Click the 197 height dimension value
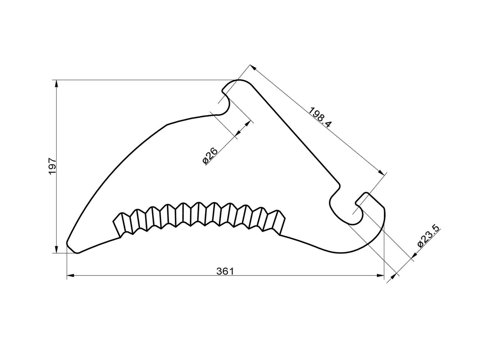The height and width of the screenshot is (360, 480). click(52, 166)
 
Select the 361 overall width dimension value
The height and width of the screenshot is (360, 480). click(225, 271)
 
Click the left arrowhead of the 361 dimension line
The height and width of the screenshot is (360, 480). click(70, 276)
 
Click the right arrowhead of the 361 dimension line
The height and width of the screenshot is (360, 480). click(380, 276)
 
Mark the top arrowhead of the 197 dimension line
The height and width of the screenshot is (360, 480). click(56, 83)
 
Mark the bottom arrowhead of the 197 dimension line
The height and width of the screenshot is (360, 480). click(56, 249)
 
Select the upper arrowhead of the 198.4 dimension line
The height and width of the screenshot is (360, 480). click(253, 68)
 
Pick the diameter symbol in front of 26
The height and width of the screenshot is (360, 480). click(206, 161)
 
